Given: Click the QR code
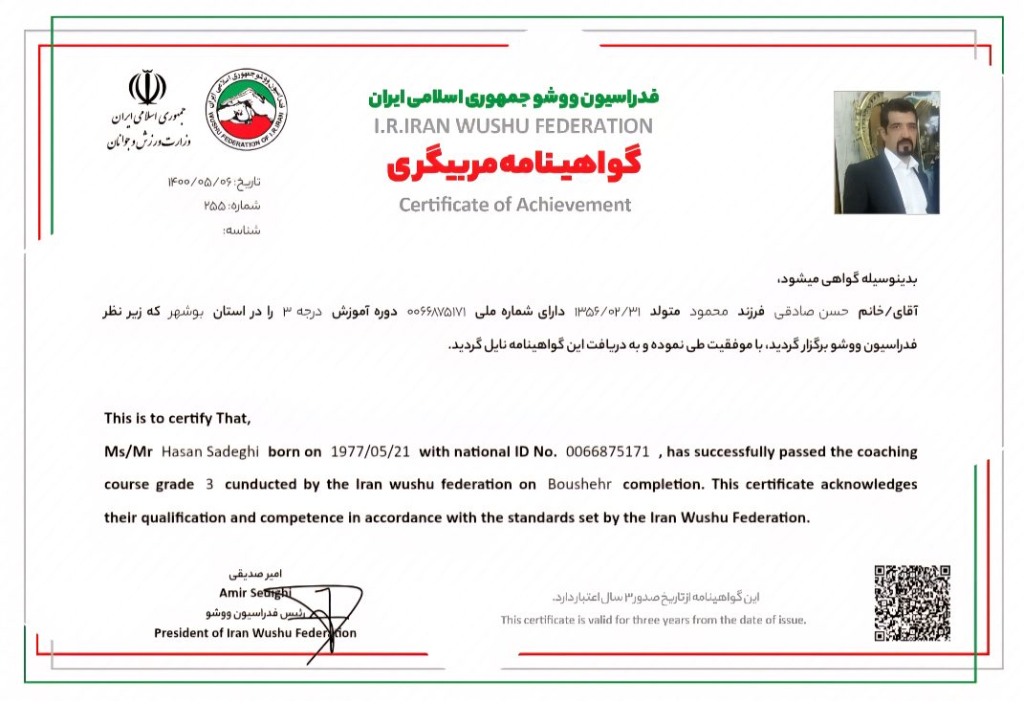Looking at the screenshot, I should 911,602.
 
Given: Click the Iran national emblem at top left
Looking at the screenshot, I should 147,88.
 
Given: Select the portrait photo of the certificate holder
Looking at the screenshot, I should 886,152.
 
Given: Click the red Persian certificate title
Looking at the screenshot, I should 513,164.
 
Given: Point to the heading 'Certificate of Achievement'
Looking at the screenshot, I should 514,205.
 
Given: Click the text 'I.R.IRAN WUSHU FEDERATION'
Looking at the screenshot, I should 513,125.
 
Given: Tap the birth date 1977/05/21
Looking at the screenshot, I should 369,451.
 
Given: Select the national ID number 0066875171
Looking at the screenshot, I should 607,451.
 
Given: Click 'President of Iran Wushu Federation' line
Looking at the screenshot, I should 254,633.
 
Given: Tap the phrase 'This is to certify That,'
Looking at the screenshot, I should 177,418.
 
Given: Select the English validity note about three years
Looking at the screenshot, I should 653,620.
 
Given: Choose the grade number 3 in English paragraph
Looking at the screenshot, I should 209,484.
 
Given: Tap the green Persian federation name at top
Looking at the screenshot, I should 513,98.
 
